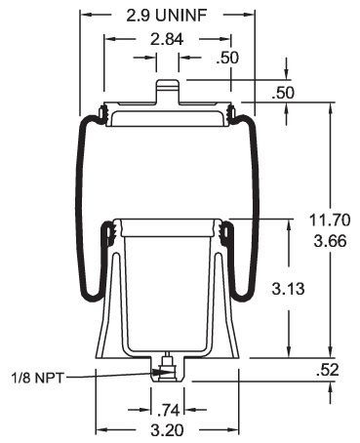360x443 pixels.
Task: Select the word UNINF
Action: (x=180, y=16)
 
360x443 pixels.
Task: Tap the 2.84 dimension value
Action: (x=167, y=39)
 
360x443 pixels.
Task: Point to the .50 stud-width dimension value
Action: (x=227, y=58)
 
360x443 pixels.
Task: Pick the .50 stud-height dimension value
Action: (x=283, y=93)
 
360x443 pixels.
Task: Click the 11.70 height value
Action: (x=330, y=220)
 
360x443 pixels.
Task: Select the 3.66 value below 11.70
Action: (x=330, y=241)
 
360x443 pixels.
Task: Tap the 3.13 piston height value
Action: (x=288, y=289)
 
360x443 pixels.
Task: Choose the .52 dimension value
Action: (x=327, y=370)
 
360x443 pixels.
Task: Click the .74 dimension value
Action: (x=168, y=411)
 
